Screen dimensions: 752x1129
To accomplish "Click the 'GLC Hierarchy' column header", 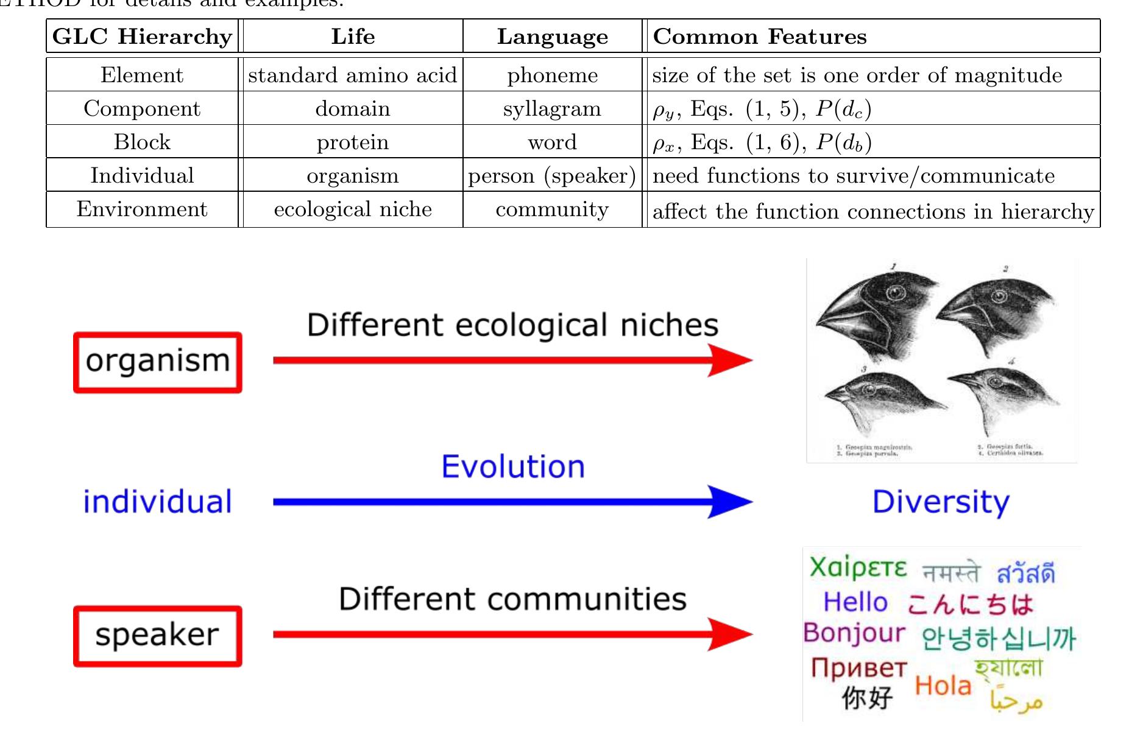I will pos(142,37).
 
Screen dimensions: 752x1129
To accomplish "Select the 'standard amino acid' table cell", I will pos(352,75).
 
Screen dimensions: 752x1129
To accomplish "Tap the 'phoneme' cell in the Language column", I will pos(552,75).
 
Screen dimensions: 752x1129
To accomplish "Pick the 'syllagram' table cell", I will pos(552,108).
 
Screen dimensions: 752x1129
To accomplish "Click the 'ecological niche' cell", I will pos(352,209).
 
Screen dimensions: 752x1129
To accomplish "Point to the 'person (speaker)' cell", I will pos(552,175).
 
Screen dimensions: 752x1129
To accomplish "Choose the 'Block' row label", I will pos(142,142).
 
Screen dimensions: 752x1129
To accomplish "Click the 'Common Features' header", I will pos(759,37).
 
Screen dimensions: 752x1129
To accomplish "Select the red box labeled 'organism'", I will pos(158,362).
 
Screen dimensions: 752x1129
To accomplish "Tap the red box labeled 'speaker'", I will pos(158,636).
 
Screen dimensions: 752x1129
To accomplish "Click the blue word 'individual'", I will pos(158,502).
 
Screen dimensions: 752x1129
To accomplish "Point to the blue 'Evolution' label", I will pos(513,467).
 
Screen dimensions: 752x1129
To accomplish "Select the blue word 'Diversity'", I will pos(941,502).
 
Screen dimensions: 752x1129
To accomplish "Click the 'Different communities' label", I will pos(513,599).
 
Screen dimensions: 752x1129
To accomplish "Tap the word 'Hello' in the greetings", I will pos(855,602).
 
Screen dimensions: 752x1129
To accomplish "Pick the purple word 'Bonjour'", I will pos(854,633).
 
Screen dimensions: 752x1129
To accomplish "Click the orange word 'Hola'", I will pos(943,686).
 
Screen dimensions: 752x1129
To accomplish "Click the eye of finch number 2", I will pos(999,297).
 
